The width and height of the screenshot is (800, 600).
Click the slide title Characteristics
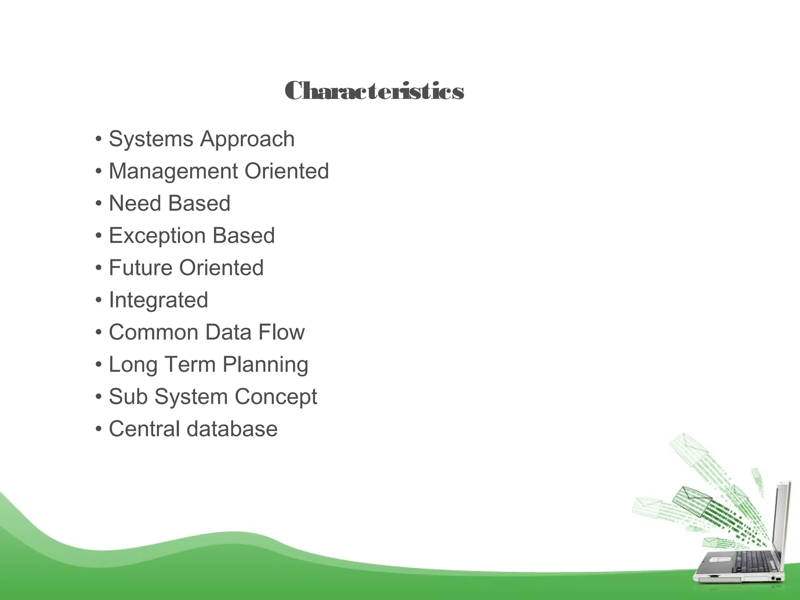[374, 91]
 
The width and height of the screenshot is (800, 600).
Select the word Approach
[247, 140]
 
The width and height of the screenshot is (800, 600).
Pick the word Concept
[276, 397]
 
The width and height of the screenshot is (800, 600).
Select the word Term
[189, 365]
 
